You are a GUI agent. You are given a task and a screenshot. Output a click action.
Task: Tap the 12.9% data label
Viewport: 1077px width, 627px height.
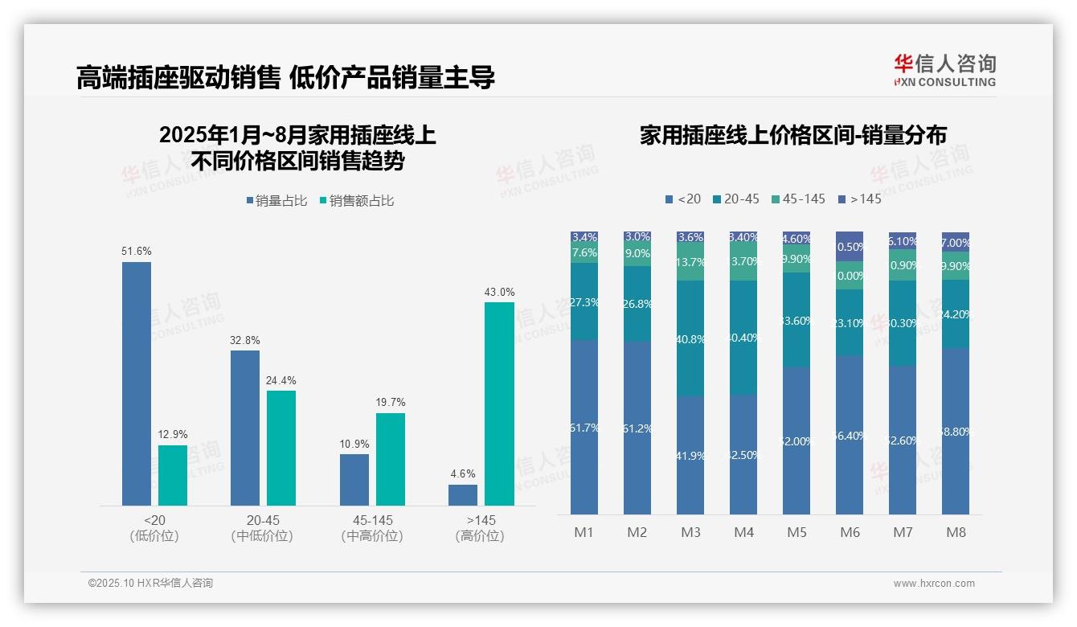tap(173, 435)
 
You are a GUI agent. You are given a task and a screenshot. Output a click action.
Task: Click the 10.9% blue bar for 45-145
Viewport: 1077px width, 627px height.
tap(354, 480)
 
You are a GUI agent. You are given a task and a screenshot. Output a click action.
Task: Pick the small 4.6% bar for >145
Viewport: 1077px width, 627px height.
tap(463, 495)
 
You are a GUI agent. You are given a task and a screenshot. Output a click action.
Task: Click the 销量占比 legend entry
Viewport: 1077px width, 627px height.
tap(276, 201)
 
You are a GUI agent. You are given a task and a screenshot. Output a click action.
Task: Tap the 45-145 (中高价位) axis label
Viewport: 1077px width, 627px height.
tap(372, 528)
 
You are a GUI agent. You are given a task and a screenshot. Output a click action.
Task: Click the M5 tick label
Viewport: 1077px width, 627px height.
tap(796, 532)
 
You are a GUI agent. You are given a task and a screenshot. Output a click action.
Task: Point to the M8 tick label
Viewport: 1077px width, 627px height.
tap(956, 532)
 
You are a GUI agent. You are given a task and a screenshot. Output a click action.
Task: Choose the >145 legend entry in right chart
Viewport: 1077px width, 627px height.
tap(859, 199)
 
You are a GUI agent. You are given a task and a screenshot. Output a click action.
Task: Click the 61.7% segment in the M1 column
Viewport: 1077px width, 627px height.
tap(584, 427)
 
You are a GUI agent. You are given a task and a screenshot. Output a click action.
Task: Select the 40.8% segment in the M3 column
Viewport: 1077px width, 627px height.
tap(690, 338)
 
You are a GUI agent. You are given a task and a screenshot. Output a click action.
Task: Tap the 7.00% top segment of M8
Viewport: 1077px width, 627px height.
tap(956, 242)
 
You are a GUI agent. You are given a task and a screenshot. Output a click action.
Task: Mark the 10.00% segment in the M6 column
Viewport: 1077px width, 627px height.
tap(850, 275)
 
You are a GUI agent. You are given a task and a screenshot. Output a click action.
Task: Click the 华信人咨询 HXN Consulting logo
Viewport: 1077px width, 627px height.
tap(944, 70)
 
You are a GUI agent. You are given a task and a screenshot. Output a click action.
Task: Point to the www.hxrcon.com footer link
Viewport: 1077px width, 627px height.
tap(934, 584)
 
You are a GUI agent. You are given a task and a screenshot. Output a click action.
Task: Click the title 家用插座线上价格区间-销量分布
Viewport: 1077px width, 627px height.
tap(792, 135)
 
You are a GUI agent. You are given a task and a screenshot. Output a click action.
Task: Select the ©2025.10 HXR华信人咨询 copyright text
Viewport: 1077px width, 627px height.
tap(150, 584)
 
